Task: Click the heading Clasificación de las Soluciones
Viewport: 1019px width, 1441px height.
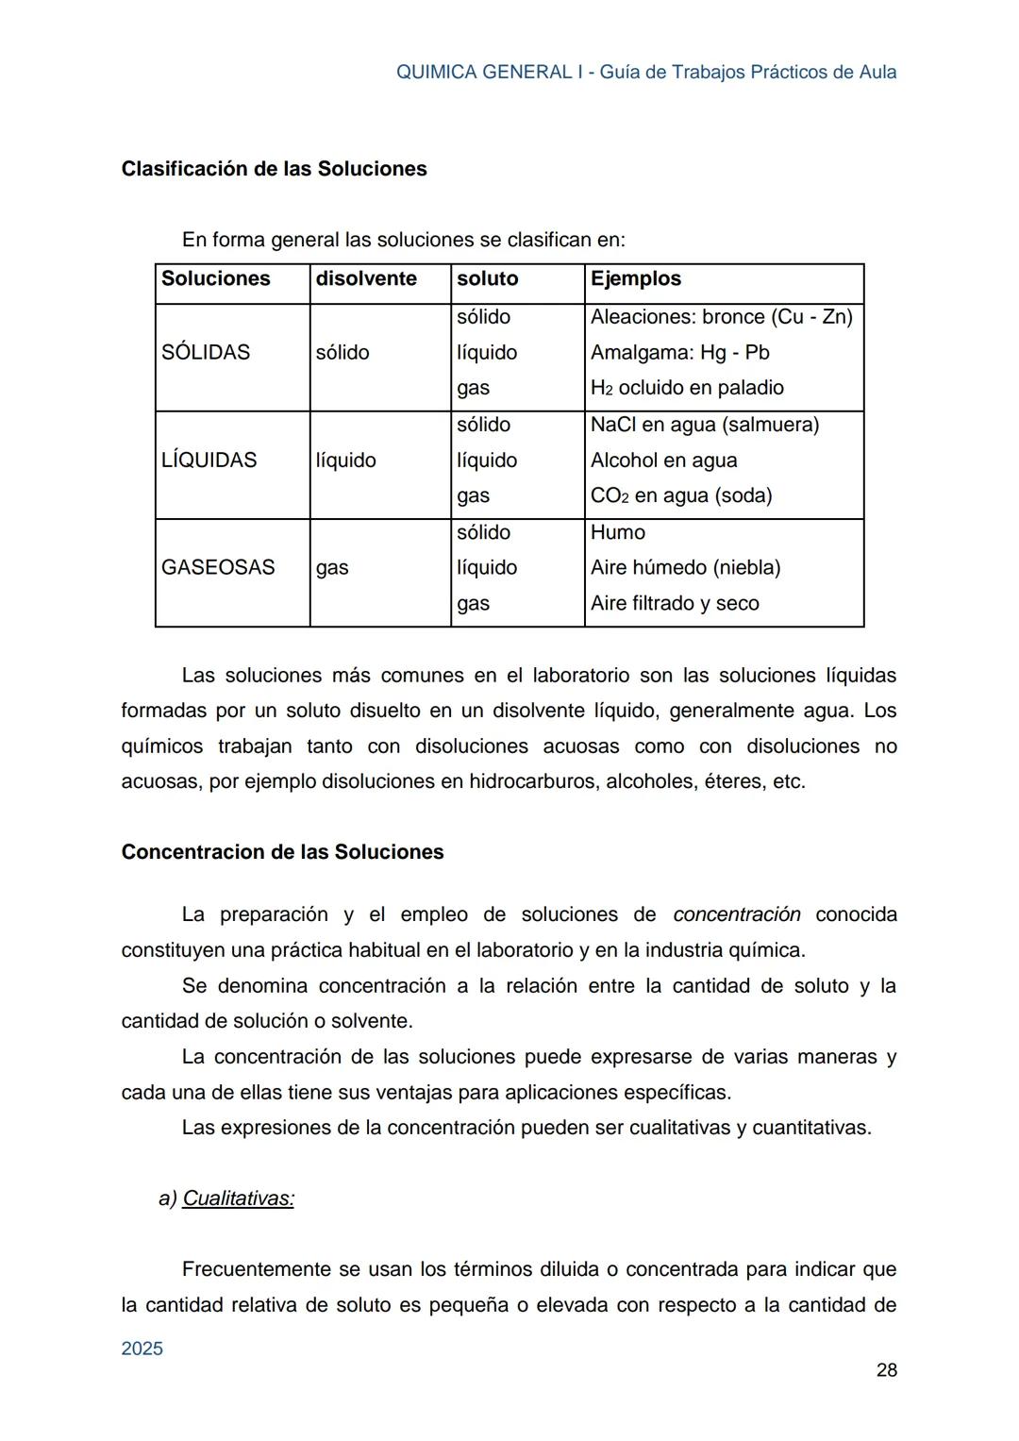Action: [274, 169]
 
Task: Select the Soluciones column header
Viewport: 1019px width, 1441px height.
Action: [216, 279]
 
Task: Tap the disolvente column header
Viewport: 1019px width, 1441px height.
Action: [366, 279]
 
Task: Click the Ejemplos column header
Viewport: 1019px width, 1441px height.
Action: [635, 279]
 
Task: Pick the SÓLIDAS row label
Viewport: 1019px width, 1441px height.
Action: [206, 353]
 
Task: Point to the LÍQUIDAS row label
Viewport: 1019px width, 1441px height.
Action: [209, 461]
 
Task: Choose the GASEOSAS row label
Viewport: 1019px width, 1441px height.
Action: [218, 568]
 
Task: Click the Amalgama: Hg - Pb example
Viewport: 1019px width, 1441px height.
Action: [679, 353]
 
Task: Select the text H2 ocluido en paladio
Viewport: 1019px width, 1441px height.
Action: [687, 388]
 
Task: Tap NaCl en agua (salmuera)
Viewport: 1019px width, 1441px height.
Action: [704, 426]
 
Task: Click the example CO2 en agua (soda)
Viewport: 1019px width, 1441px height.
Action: [680, 496]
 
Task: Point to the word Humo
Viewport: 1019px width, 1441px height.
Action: [617, 533]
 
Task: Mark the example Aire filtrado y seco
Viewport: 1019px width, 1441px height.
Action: [674, 604]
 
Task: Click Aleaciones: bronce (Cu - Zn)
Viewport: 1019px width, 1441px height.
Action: [721, 317]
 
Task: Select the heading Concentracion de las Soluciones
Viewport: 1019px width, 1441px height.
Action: [282, 852]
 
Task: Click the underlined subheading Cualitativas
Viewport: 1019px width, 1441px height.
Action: [238, 1198]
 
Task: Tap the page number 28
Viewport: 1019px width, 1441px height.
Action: [886, 1370]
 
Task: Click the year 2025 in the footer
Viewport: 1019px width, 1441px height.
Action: [142, 1349]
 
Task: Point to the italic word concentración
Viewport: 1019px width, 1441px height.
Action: [737, 914]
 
